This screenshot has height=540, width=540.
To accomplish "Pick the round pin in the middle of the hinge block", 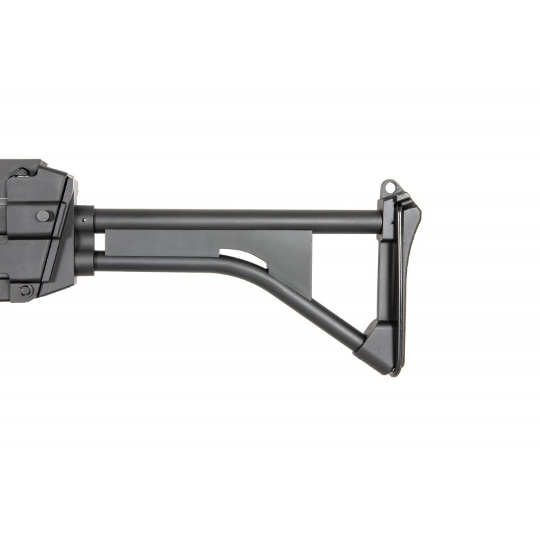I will point(43,216).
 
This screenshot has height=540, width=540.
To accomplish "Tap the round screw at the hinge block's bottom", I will point(26,290).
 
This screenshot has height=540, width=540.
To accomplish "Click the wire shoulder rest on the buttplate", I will point(400,283).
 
